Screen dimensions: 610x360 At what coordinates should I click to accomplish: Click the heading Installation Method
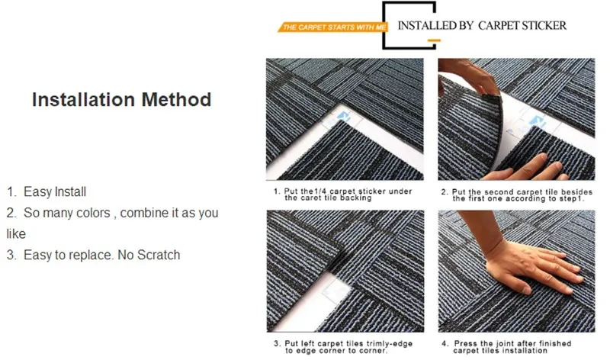click(121, 100)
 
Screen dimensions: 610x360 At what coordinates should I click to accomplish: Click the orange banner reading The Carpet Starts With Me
click(332, 27)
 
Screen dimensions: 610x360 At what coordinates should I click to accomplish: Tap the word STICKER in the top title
click(544, 26)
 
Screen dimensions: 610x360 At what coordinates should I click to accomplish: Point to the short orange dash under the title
click(434, 40)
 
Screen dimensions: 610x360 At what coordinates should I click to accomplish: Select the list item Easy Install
click(47, 191)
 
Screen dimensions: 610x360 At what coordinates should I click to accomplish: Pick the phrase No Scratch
click(149, 255)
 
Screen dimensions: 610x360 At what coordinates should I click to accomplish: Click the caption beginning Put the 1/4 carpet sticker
click(342, 194)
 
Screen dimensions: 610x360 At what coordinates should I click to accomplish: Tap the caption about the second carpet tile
click(517, 195)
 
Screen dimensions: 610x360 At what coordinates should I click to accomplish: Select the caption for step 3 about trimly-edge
click(342, 347)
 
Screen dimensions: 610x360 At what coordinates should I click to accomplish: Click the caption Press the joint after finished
click(506, 347)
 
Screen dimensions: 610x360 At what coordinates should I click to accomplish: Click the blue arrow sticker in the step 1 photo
click(342, 117)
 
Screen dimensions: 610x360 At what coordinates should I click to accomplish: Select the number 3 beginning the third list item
click(11, 255)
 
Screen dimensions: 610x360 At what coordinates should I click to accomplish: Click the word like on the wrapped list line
click(16, 234)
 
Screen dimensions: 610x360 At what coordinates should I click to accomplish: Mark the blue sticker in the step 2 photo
click(538, 121)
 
